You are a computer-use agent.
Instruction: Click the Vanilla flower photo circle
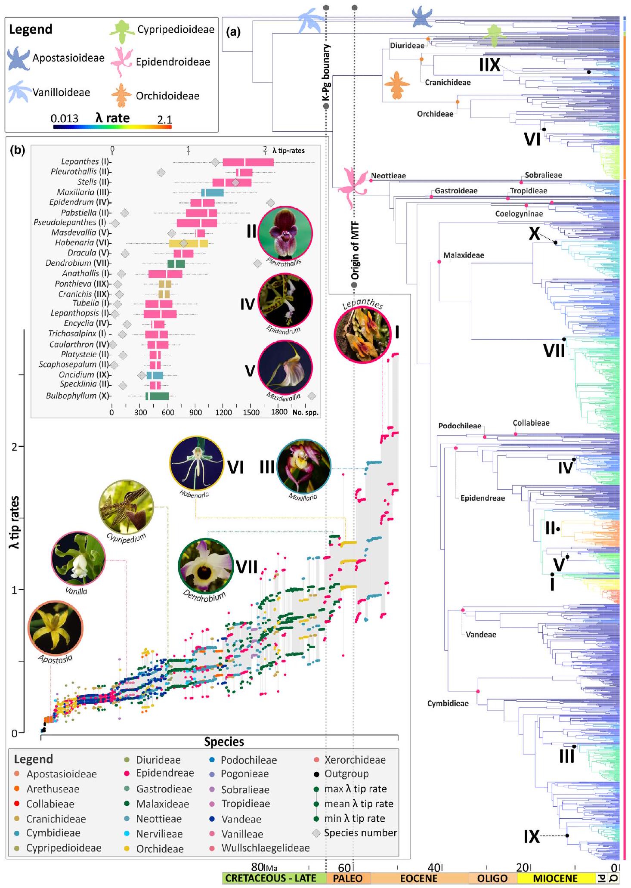click(x=78, y=558)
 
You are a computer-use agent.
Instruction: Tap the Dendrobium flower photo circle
click(x=206, y=566)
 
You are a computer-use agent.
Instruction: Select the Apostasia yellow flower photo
click(x=55, y=628)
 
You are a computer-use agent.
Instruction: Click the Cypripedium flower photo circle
click(x=126, y=507)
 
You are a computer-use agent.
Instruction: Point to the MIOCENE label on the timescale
click(x=555, y=878)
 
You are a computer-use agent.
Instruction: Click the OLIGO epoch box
click(x=492, y=878)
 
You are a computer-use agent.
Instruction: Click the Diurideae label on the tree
click(x=407, y=45)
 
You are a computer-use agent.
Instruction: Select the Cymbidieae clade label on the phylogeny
click(x=448, y=703)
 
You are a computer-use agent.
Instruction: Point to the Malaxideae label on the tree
click(x=464, y=255)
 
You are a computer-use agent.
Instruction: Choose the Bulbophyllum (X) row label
click(x=78, y=396)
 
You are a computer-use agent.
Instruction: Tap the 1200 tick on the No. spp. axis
click(x=223, y=412)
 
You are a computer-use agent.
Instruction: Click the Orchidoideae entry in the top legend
click(x=167, y=96)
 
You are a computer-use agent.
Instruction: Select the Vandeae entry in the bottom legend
click(x=241, y=819)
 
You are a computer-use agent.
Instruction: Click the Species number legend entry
click(x=360, y=833)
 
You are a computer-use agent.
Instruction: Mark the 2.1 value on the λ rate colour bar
click(x=164, y=119)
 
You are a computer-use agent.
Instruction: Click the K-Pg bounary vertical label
click(x=326, y=73)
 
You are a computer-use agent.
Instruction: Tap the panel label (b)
click(x=18, y=150)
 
